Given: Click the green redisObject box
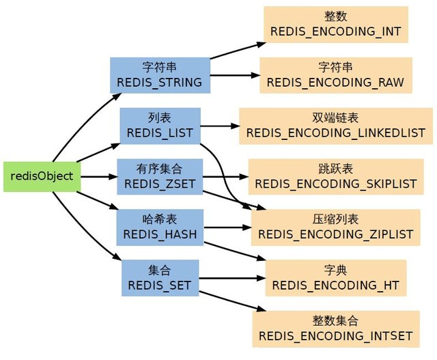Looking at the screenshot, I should tap(42, 176).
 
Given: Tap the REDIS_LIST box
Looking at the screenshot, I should tap(160, 125).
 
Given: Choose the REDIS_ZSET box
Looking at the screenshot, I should tap(160, 176).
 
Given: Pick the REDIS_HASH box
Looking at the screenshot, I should tap(160, 227).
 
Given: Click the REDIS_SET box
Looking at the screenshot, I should tap(160, 277).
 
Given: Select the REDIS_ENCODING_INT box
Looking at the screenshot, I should tap(335, 24).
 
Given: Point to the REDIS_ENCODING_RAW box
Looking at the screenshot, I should tap(335, 74).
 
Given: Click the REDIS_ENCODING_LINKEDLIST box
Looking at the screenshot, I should tap(335, 125).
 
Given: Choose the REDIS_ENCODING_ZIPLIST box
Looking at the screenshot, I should tap(335, 227).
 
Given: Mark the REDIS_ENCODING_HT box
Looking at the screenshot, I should tap(335, 277).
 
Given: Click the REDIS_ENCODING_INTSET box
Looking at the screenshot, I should tap(335, 328).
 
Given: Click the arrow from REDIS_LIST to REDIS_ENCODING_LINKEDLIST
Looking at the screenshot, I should tap(218, 126).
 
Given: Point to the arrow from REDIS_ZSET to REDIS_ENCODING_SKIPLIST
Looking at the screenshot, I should tap(225, 176).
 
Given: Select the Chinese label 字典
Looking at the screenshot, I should tap(335, 270).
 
